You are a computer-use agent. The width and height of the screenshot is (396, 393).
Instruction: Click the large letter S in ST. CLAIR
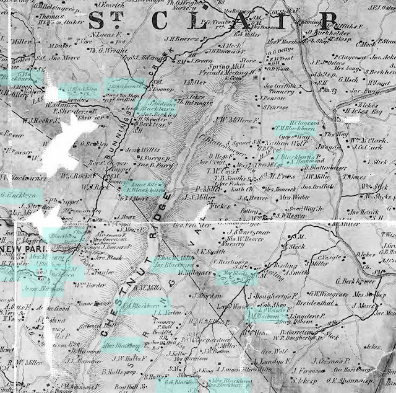(97, 20)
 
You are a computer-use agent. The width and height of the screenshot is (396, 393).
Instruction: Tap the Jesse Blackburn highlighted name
(43, 289)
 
